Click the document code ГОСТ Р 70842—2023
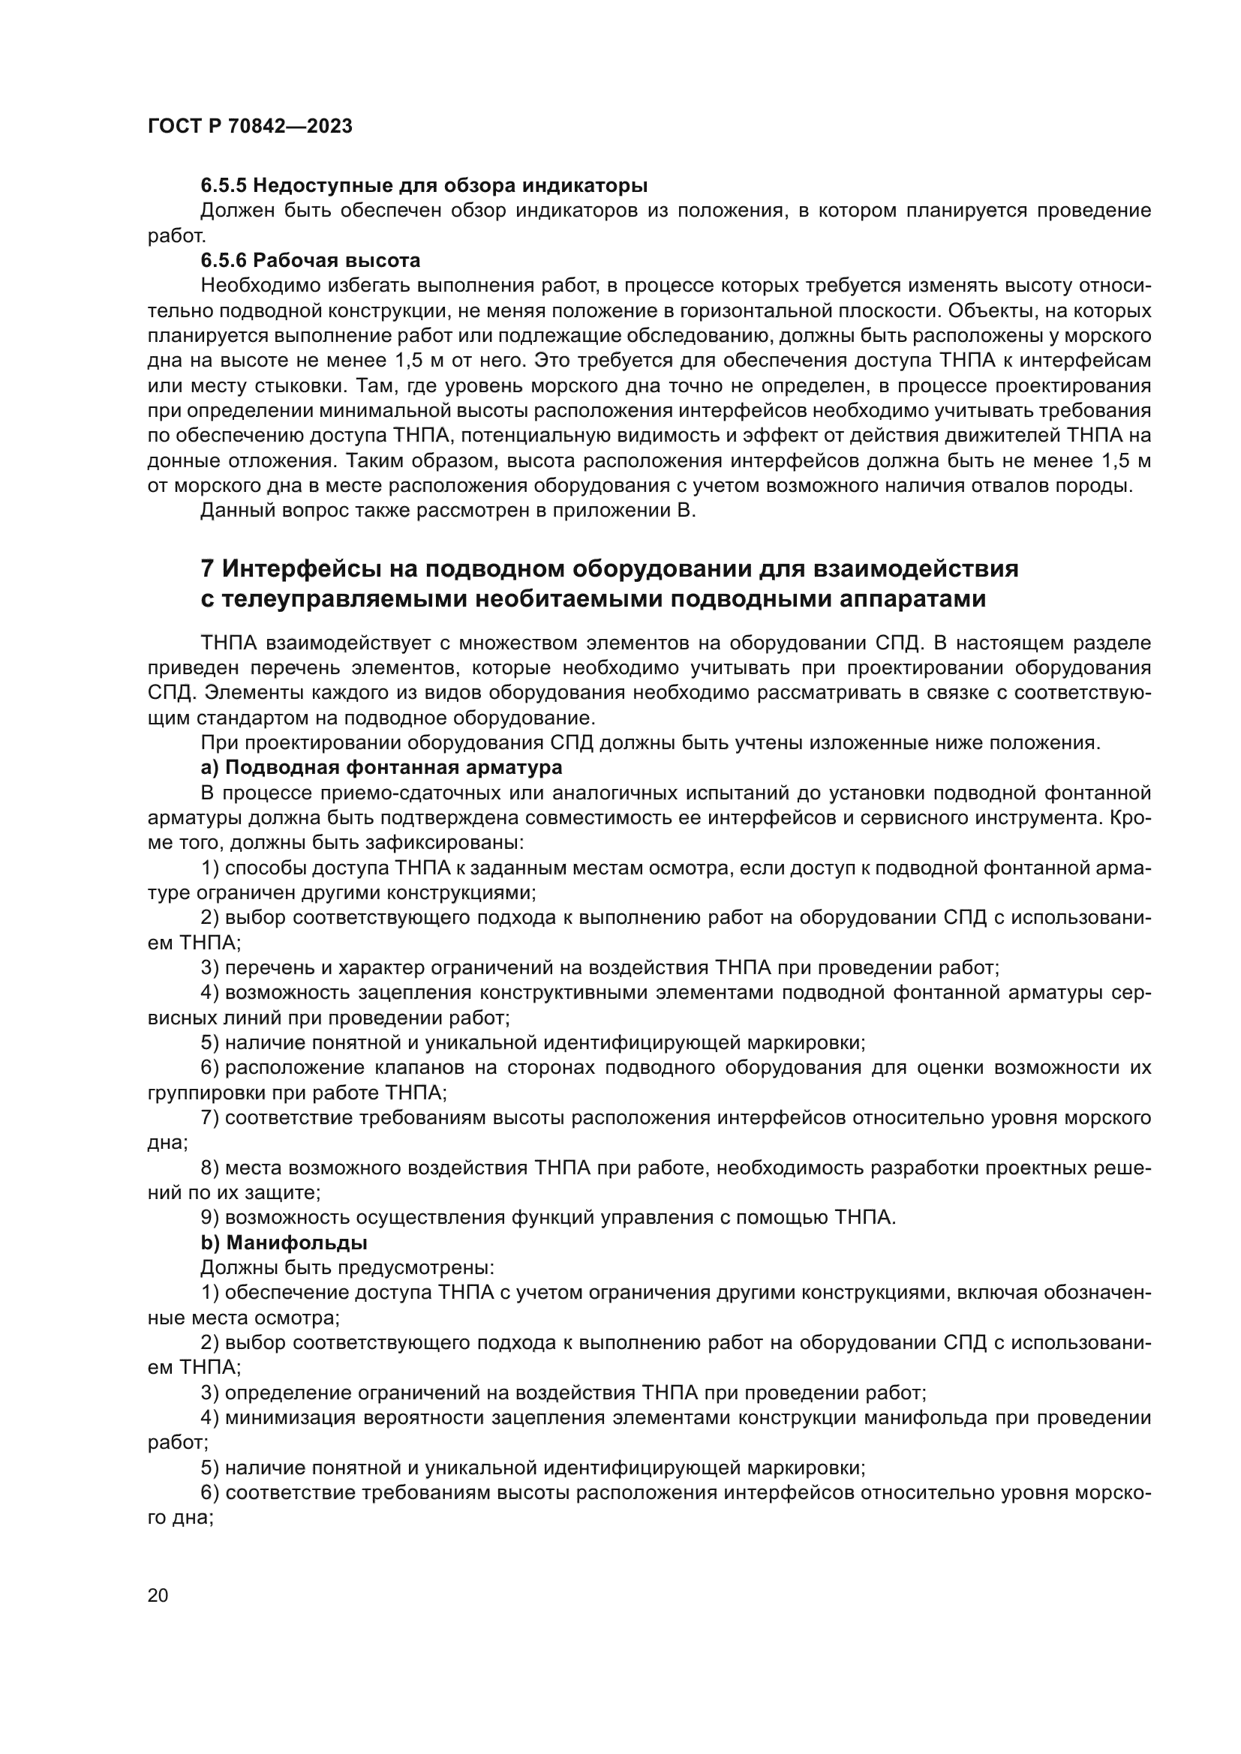pyautogui.click(x=250, y=126)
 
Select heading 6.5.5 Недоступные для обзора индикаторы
pyautogui.click(x=424, y=185)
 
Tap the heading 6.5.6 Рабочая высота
pyautogui.click(x=311, y=260)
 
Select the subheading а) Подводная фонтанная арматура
pyautogui.click(x=381, y=766)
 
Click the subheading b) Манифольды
pyautogui.click(x=284, y=1243)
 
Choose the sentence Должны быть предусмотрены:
pyautogui.click(x=347, y=1268)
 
